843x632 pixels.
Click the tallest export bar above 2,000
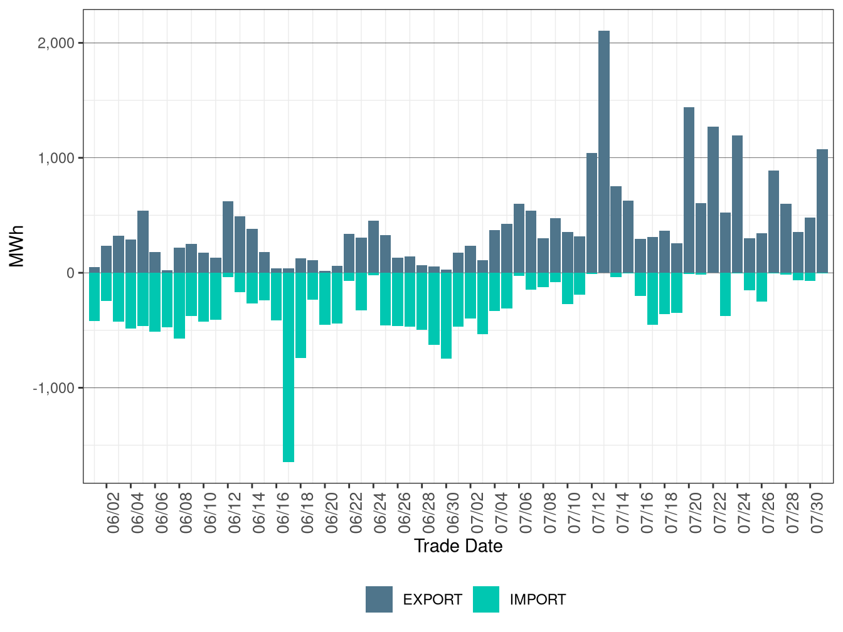[604, 152]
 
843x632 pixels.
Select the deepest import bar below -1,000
[289, 367]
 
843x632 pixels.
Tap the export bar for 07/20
[689, 190]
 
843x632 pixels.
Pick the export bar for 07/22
[713, 199]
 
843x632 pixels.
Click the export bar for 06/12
[228, 237]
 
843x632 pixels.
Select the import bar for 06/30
[446, 316]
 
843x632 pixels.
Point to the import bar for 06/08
[179, 305]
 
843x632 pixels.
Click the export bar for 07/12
[592, 213]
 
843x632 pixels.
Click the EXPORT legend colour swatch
[379, 599]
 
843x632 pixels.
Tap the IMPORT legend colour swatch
[486, 599]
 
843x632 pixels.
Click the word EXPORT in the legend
[432, 599]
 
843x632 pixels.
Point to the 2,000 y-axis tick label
[56, 43]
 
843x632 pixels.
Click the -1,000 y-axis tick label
[53, 388]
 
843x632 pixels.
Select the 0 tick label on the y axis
[70, 273]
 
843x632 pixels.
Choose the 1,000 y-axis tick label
[56, 158]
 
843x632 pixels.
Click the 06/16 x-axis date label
[283, 513]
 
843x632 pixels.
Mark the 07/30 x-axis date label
[817, 513]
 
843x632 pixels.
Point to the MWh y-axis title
[16, 246]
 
